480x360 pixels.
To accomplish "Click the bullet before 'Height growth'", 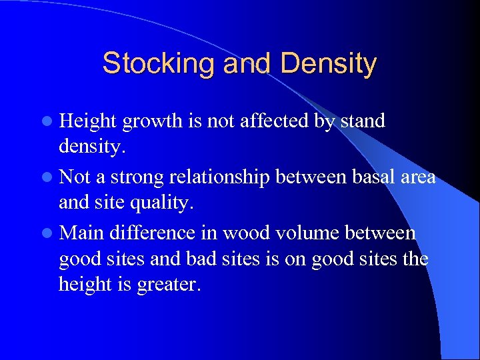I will (49, 122).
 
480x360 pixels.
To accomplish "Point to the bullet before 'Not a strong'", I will (49, 178).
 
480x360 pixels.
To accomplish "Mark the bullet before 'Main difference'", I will (49, 234).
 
